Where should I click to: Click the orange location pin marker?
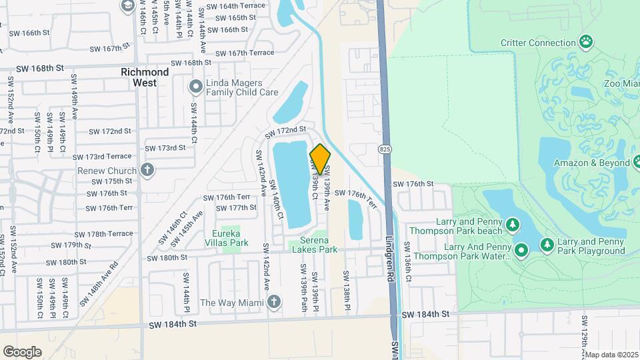[x=320, y=159]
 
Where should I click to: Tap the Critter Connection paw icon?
[x=586, y=43]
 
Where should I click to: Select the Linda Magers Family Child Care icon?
[x=195, y=86]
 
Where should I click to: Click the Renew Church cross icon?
[x=147, y=169]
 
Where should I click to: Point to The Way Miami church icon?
[x=273, y=303]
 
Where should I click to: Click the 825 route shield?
[x=386, y=147]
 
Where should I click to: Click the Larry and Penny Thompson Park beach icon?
[x=513, y=226]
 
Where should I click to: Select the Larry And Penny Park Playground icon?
[x=547, y=245]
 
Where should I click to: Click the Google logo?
[x=22, y=351]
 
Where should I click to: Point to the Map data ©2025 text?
[x=611, y=355]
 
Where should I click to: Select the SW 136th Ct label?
[x=417, y=255]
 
